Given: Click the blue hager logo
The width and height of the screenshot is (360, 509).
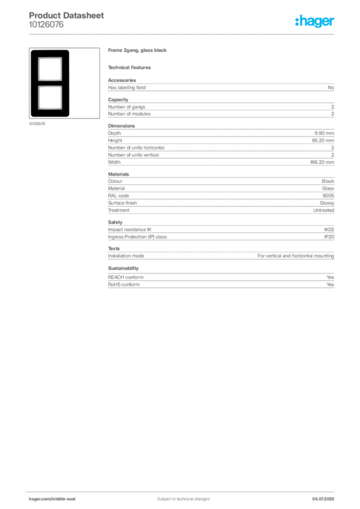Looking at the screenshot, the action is click(315, 22).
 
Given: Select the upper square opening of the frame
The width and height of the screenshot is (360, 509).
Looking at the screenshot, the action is click(50, 68).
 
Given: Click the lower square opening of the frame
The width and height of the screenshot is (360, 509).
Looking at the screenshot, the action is click(50, 97).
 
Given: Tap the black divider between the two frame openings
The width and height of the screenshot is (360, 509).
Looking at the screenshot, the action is click(50, 83).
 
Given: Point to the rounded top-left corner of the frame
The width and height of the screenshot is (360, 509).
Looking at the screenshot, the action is click(32, 51).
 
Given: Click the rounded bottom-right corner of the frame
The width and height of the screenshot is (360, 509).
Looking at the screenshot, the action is click(69, 115).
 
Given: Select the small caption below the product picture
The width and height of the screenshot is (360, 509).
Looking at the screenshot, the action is click(38, 124).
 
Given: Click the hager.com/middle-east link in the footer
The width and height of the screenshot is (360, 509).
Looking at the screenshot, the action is click(55, 499).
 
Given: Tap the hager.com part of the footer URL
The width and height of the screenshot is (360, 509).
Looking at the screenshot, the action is click(40, 499).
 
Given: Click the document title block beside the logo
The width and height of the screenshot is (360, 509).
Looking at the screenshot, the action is click(67, 20).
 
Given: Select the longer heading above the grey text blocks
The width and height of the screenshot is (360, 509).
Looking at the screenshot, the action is click(139, 51).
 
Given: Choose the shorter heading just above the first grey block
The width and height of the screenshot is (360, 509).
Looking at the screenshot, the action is click(131, 67).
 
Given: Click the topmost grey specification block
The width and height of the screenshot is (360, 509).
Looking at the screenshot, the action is click(221, 87).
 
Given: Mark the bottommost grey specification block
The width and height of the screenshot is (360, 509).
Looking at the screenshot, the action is click(221, 280).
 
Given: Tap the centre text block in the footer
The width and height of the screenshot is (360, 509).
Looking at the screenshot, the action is click(179, 497).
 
